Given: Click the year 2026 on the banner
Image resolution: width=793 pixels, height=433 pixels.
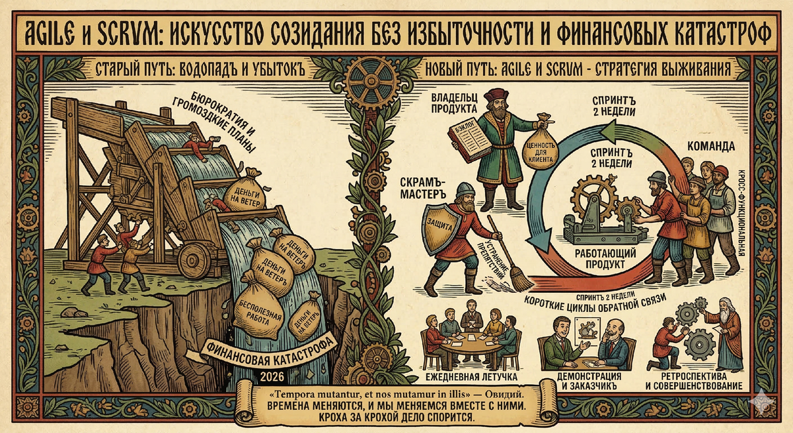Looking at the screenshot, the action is coord(271,376).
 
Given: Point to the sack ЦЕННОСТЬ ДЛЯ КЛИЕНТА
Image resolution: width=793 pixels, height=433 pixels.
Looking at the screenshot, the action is coord(541,147).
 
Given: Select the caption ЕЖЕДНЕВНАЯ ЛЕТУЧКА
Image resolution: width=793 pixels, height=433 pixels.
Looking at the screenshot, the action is coord(469,378).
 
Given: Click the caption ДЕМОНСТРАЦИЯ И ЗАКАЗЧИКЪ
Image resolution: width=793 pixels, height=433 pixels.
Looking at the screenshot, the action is coord(583,381).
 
